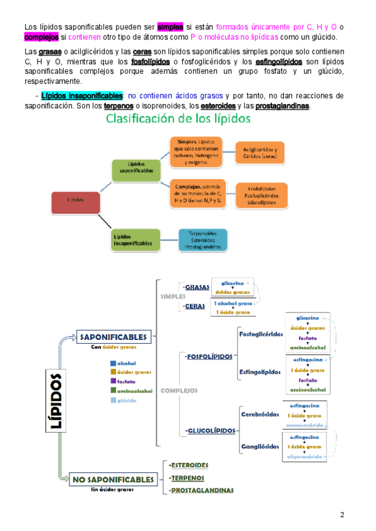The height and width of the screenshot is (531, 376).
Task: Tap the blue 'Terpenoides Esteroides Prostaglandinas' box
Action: pos(203,239)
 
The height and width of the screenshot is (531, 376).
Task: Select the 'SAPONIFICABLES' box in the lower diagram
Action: pos(113,337)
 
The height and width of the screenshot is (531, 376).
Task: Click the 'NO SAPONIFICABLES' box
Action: pos(113,480)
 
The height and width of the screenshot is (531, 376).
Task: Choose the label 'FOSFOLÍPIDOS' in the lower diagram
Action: pos(209,356)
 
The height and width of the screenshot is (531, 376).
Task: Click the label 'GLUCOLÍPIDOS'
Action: pos(211,431)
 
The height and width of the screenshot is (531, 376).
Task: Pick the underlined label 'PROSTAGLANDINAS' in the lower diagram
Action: pos(202,490)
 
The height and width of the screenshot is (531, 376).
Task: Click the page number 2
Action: pos(342,515)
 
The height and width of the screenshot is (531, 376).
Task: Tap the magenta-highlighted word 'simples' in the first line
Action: pos(170,27)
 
